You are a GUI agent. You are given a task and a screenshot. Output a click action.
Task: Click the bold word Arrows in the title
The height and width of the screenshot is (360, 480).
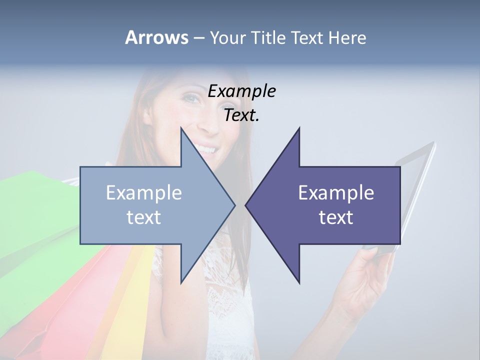click(156, 37)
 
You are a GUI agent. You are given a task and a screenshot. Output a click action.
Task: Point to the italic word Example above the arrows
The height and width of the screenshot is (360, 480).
click(241, 91)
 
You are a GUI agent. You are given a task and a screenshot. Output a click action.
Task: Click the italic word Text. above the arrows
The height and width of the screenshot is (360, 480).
click(241, 115)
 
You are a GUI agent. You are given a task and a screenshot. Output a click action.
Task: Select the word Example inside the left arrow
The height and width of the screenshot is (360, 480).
click(143, 193)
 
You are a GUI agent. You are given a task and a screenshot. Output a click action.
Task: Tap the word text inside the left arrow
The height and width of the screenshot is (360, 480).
click(143, 217)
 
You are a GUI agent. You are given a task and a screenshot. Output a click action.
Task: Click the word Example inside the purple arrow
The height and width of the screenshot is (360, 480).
click(336, 193)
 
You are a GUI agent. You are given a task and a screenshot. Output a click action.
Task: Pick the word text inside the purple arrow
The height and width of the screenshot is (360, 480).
click(336, 217)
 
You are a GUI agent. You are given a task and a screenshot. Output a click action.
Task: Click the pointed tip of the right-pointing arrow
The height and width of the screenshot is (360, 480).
click(234, 204)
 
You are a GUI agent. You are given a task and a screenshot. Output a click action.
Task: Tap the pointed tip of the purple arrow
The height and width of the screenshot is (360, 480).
click(246, 204)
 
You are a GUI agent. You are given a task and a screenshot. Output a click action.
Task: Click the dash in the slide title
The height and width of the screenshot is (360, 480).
click(198, 38)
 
